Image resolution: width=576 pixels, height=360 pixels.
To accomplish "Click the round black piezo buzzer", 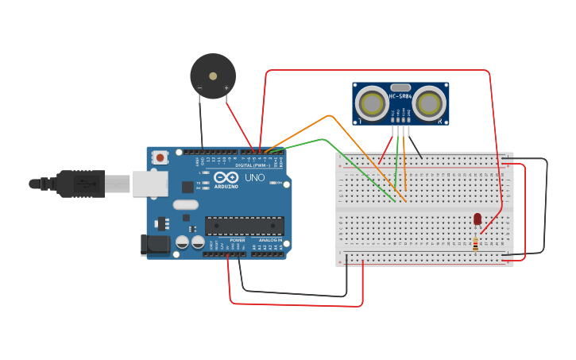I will point(213,75).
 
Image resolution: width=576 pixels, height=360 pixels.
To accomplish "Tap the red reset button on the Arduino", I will point(160,157).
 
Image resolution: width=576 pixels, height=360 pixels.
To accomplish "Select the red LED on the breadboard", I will point(477,219).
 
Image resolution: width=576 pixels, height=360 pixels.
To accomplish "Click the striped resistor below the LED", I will point(475,244).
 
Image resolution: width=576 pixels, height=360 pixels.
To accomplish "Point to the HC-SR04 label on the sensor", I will point(400,97).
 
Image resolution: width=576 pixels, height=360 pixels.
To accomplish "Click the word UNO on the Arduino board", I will point(255,177).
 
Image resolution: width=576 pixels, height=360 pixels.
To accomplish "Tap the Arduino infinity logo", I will point(226,177).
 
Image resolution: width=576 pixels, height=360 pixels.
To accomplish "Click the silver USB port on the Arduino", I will point(150,184).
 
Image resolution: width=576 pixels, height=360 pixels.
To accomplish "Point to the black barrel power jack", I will point(155,245).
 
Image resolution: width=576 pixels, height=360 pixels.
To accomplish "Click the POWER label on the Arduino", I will point(238,240).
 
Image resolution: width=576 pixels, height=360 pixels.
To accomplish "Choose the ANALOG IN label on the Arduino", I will point(269,240).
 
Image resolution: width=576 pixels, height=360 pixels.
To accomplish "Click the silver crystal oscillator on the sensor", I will point(401,87).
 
